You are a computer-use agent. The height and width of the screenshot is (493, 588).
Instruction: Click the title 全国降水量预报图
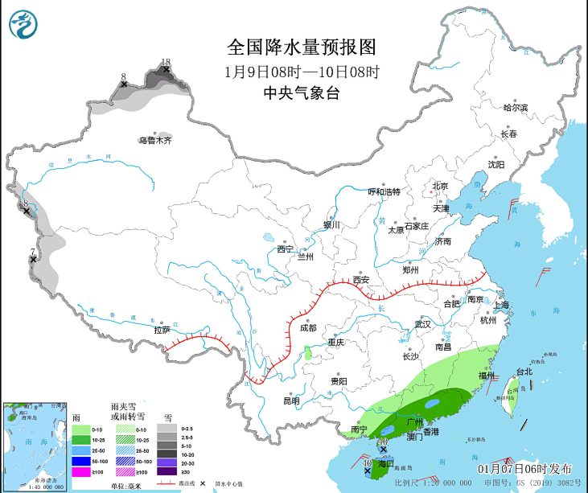coord(302,46)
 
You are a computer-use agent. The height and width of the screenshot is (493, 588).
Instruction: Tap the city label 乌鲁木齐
coord(154,141)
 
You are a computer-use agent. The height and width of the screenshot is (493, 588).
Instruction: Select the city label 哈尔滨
coord(516,108)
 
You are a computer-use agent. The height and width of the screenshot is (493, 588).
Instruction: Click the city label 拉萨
coord(162,330)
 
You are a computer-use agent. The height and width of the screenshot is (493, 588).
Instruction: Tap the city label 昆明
coord(290,401)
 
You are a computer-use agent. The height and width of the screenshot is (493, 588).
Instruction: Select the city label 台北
coord(524,372)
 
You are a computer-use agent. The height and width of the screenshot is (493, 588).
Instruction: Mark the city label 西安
coord(360,280)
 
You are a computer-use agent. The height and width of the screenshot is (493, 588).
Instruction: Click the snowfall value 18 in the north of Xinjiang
coord(166,62)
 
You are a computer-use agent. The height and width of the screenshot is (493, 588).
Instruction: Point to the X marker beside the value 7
coord(33,260)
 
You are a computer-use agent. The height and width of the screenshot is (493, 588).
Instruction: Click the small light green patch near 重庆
coord(307,352)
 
